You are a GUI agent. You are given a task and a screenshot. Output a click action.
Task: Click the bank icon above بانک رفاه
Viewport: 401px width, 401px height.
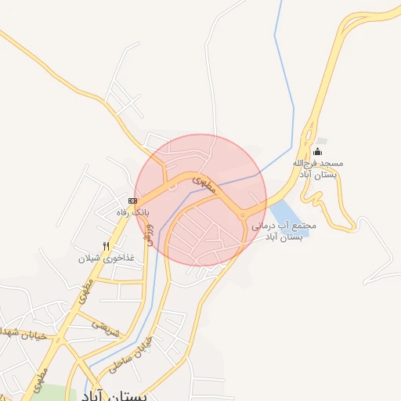[132, 201]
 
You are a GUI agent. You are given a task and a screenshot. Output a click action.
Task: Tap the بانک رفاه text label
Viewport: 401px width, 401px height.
[132, 212]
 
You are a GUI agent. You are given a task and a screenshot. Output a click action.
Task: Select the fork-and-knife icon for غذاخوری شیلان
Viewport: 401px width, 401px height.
[107, 246]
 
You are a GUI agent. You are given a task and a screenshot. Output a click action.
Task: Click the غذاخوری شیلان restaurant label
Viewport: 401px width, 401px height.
[107, 258]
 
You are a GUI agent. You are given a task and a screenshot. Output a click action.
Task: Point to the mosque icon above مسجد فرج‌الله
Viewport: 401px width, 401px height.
[317, 151]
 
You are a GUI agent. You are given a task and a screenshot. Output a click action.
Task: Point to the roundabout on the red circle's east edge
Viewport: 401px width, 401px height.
[243, 214]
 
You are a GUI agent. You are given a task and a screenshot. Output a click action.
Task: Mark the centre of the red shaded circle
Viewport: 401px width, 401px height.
[200, 200]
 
